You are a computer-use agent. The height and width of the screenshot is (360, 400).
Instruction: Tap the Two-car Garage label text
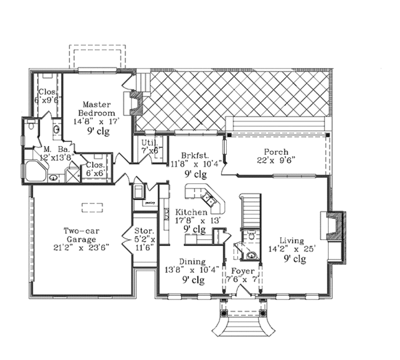click(78, 236)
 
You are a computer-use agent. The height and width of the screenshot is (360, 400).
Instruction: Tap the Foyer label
click(243, 271)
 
